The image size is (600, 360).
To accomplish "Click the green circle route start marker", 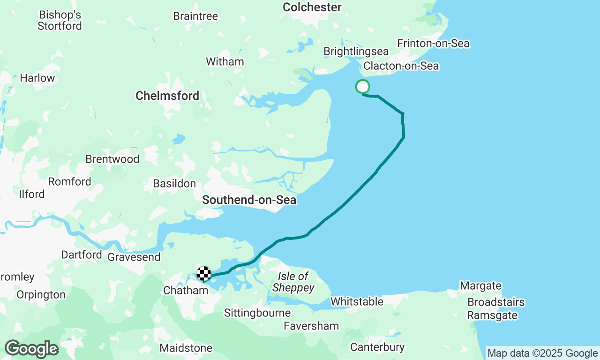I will [x=363, y=87].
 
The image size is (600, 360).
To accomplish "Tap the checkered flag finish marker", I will [x=204, y=274].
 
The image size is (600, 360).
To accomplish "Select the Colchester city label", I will [x=312, y=7].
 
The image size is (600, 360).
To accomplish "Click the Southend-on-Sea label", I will [x=249, y=200].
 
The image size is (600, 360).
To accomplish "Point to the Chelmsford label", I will [x=167, y=96].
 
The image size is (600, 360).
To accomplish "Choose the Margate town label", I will [x=480, y=286].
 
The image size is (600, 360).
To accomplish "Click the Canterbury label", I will [x=377, y=347].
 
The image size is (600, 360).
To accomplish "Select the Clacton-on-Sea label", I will [x=401, y=66].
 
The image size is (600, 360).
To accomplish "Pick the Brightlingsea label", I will [x=356, y=52].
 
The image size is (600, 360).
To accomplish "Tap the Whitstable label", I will [x=357, y=301].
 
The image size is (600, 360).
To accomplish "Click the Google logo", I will [x=31, y=349].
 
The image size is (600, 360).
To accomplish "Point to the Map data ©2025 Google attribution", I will [x=542, y=353].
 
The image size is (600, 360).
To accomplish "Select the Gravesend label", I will [x=134, y=257].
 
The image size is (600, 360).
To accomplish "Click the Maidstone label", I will [x=186, y=348].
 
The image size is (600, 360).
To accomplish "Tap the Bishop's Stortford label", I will [x=60, y=21].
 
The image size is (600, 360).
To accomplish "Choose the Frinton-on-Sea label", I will [x=433, y=44].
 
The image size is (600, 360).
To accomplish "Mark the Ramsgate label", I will [x=492, y=315].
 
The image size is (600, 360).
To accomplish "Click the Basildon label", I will [x=174, y=184].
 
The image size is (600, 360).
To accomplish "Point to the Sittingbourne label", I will [x=257, y=313].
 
